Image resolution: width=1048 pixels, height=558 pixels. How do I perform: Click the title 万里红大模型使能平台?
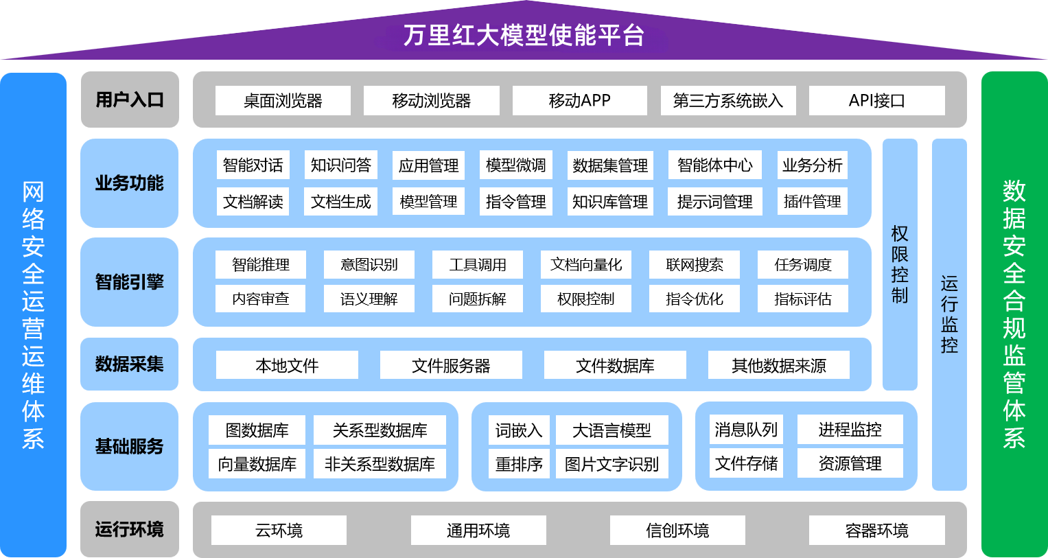524,35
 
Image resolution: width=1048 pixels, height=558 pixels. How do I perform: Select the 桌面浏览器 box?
283,101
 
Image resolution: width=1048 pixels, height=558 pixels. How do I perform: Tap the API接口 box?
876,101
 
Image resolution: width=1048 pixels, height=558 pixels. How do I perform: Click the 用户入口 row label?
130,100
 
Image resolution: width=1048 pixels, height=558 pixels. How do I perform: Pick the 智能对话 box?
253,165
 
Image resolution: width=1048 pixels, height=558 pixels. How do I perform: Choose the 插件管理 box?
812,202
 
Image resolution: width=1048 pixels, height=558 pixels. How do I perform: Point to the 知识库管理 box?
609,202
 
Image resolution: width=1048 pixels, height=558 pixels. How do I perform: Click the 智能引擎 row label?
130,282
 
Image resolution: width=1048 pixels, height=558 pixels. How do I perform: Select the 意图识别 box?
369,265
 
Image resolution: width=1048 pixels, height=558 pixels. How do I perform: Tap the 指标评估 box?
802,299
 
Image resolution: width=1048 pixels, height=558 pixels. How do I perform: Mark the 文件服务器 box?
451,365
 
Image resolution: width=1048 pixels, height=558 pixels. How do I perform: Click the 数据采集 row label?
130,364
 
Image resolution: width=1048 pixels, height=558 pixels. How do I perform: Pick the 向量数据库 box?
257,464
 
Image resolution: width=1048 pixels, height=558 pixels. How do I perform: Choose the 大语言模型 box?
612,430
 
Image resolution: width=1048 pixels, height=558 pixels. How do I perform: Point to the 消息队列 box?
746,430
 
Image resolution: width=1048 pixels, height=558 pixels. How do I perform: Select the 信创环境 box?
677,531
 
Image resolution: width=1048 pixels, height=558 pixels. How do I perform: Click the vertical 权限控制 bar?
900,264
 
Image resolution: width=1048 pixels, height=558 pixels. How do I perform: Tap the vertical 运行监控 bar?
949,314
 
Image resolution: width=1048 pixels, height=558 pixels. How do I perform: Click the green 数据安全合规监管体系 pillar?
1014,314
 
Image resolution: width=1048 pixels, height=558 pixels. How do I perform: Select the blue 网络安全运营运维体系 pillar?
33,314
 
